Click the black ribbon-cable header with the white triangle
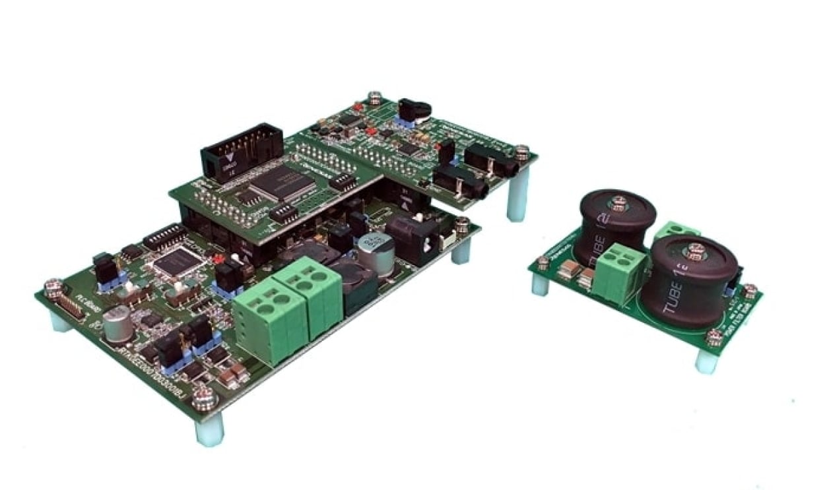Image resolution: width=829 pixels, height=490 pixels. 241,152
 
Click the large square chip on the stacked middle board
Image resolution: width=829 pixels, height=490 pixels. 282,183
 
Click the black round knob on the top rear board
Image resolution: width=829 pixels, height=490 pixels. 414,109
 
